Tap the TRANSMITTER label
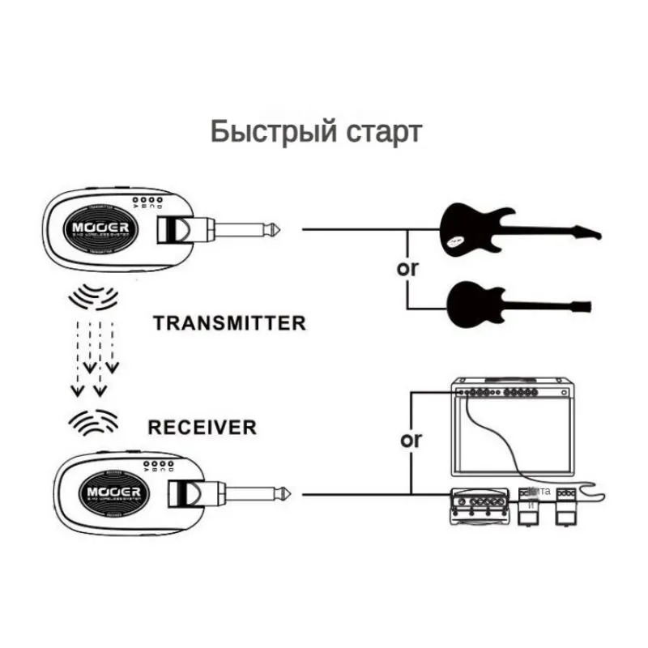click(x=229, y=323)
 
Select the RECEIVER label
click(x=202, y=426)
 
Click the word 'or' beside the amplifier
click(x=411, y=441)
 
